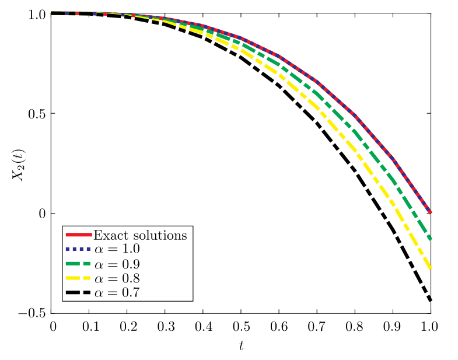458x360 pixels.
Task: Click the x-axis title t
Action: [x=241, y=345]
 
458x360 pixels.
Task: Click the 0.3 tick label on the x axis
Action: [x=166, y=326]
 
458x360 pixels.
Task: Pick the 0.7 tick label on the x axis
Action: [x=317, y=326]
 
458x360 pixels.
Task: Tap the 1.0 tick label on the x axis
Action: [x=430, y=326]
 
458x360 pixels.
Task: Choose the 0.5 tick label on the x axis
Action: [x=242, y=326]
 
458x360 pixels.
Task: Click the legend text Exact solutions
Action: [x=140, y=236]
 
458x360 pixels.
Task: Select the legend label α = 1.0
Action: [x=117, y=249]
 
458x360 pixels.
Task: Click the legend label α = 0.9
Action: [x=117, y=263]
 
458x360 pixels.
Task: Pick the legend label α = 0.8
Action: [x=117, y=277]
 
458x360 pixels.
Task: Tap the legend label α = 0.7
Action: [x=117, y=291]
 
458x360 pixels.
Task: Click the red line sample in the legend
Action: [x=78, y=235]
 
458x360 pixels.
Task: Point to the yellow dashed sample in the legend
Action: [x=78, y=277]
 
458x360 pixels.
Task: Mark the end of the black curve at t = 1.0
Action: [x=430, y=300]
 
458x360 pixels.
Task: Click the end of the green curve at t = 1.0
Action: [x=430, y=239]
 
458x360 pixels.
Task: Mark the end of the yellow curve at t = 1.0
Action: [x=430, y=268]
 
